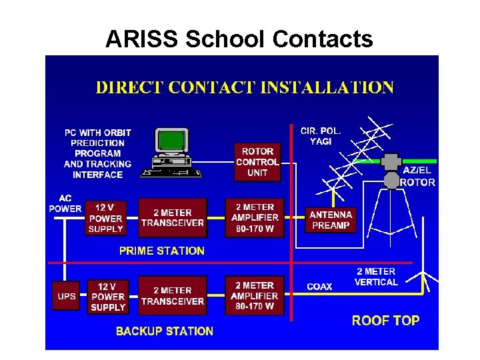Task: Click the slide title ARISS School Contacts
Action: coord(239,39)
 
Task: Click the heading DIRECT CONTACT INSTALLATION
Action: coord(245,87)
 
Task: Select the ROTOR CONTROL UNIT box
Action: coord(257,162)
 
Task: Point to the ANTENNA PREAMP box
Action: coord(331,220)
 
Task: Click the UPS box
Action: coord(67,297)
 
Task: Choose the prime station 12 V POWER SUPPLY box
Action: coord(107,219)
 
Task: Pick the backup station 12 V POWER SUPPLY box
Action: coord(108,297)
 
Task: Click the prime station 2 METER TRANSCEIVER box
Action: coord(173,217)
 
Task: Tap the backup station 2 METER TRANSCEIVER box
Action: coord(173,295)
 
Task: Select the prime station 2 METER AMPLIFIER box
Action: coord(254,217)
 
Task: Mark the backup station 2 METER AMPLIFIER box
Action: coord(254,295)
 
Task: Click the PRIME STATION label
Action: coord(161,251)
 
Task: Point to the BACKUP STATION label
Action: coord(165,331)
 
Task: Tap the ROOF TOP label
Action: coord(386,321)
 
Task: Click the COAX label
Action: coord(319,287)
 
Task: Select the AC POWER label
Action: coord(65,203)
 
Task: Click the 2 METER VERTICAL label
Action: coord(377,277)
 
